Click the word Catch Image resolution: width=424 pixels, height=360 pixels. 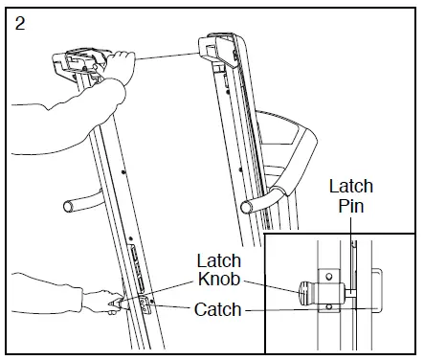tap(216, 309)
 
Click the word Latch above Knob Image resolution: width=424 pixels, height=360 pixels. tap(218, 260)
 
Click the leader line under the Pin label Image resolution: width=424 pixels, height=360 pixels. tap(350, 239)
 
